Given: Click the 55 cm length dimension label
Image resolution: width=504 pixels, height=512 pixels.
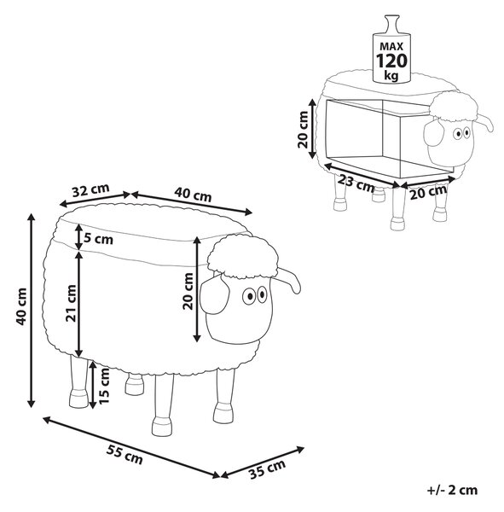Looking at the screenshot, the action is (x=125, y=455).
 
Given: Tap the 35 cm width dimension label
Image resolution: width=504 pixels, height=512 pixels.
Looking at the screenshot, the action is (x=267, y=469).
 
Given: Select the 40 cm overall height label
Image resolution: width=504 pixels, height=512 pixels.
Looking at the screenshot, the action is (x=21, y=306).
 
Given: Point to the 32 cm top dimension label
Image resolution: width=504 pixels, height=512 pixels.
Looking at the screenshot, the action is (x=90, y=190).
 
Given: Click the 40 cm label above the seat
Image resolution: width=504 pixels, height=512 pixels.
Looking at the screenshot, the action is (x=193, y=194).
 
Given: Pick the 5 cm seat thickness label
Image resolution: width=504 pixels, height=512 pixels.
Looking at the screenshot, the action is (x=99, y=239).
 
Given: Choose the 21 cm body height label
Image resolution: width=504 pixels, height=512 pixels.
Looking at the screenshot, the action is (x=71, y=303).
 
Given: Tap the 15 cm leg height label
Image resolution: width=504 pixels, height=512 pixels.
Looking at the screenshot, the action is (x=104, y=386).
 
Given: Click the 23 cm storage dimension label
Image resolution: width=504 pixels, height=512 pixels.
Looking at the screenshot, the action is (x=356, y=183).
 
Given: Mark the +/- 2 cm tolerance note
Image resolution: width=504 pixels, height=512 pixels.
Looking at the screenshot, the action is (x=452, y=490).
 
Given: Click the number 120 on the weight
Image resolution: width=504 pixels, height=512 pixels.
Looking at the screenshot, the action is (x=391, y=61).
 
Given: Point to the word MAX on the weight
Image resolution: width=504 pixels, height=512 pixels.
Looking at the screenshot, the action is (x=391, y=46).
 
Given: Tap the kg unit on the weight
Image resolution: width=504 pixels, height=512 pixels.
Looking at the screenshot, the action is (x=391, y=75).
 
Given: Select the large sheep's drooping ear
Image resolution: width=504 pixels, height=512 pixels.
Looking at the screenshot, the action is (x=213, y=294).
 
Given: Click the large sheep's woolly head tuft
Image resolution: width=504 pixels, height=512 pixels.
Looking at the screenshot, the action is (x=243, y=257).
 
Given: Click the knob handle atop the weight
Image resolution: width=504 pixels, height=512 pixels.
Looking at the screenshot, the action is (x=391, y=24).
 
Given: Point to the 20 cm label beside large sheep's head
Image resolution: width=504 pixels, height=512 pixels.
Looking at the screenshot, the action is (x=188, y=291).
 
